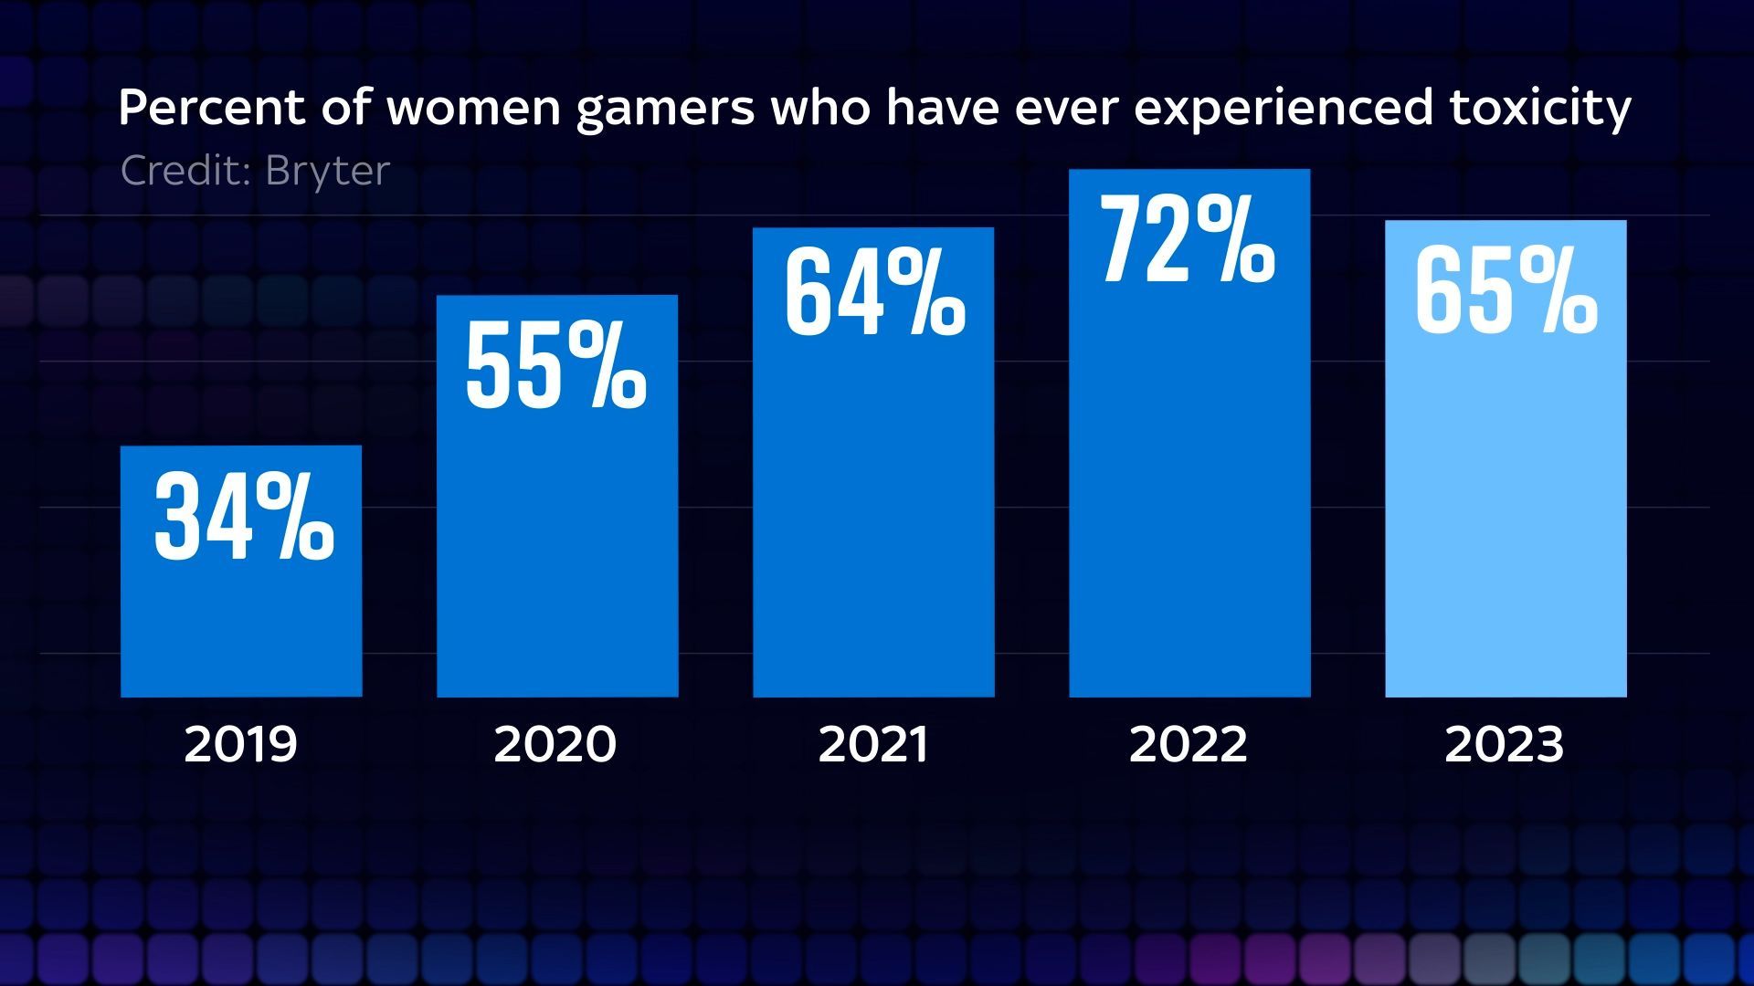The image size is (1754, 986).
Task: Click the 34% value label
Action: pos(244,517)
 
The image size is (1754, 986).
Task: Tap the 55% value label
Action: pos(555,365)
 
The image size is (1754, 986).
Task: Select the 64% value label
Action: pos(874,295)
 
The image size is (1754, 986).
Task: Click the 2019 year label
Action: pos(241,744)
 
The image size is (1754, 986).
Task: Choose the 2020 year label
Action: pos(555,744)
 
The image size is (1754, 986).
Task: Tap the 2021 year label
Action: pos(873,744)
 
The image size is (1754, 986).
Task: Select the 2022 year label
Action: pos(1188,744)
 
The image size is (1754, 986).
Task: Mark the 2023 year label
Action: pos(1505,744)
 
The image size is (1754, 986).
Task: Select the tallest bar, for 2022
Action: pos(1189,502)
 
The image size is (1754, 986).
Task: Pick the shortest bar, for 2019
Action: pos(241,621)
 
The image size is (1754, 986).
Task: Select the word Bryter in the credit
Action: pos(328,171)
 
